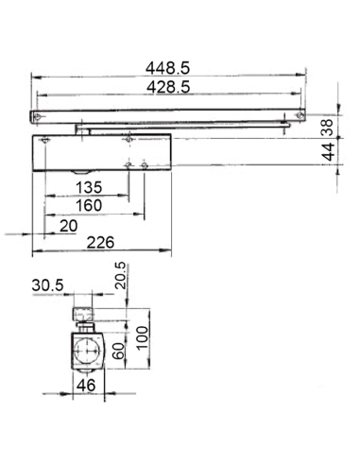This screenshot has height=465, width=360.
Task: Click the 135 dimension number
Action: coord(86,185)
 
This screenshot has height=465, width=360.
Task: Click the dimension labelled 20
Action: coord(68,225)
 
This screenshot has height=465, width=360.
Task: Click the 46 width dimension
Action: coord(86,386)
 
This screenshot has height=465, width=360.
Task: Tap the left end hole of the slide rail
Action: coord(38,115)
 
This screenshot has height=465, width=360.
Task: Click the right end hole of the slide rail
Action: coord(299,115)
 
